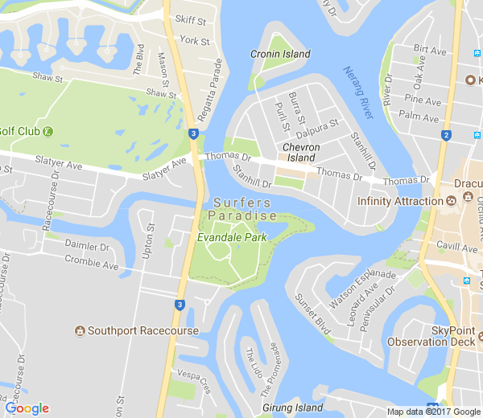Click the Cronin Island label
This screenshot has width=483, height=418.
(280, 54)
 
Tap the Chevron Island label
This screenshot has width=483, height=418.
(302, 153)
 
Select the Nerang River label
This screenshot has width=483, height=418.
(358, 92)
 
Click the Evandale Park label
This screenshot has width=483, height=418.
(232, 238)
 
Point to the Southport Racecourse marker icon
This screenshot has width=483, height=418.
(80, 331)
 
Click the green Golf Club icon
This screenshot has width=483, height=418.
(48, 131)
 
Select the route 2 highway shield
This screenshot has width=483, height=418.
(446, 135)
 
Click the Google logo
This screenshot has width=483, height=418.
(27, 408)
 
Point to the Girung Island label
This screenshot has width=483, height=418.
(287, 408)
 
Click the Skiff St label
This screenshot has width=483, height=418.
(190, 19)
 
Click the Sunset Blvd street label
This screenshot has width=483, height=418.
(312, 313)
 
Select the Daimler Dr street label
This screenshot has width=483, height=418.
(87, 246)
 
